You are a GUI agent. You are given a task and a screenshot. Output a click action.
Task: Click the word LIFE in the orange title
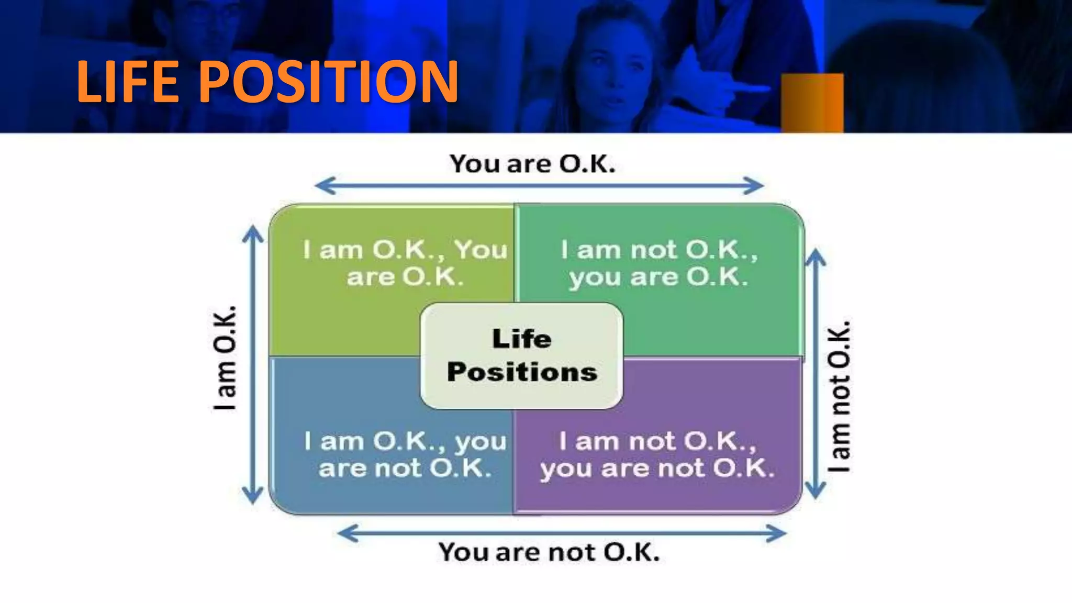[x=128, y=82]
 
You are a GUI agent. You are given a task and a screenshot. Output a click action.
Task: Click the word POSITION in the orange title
[x=328, y=82]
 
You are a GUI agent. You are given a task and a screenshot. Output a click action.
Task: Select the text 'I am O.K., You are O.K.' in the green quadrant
[x=405, y=263]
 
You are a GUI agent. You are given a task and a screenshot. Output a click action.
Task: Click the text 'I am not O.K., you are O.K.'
[x=659, y=263]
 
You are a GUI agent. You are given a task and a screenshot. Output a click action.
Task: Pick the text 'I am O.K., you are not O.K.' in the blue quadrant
[x=405, y=454]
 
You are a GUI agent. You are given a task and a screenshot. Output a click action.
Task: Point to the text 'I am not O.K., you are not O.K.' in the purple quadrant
[x=657, y=454]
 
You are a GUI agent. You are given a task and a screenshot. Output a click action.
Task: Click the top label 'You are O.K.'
[x=532, y=164]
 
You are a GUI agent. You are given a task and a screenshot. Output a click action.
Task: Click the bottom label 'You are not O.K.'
[x=549, y=552]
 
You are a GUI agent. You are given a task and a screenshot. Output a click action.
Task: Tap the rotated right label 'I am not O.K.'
[x=839, y=396]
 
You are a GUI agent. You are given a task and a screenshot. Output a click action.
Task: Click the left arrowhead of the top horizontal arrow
[x=325, y=186]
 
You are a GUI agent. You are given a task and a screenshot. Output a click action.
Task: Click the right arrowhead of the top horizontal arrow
[x=754, y=186]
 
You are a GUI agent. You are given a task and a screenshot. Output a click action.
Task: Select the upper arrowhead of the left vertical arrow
[x=253, y=234]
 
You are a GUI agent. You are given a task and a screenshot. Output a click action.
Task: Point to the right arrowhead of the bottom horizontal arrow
[x=777, y=534]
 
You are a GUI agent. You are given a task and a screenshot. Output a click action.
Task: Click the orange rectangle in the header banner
[x=812, y=103]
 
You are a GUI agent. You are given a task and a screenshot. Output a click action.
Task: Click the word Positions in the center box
[x=522, y=372]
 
